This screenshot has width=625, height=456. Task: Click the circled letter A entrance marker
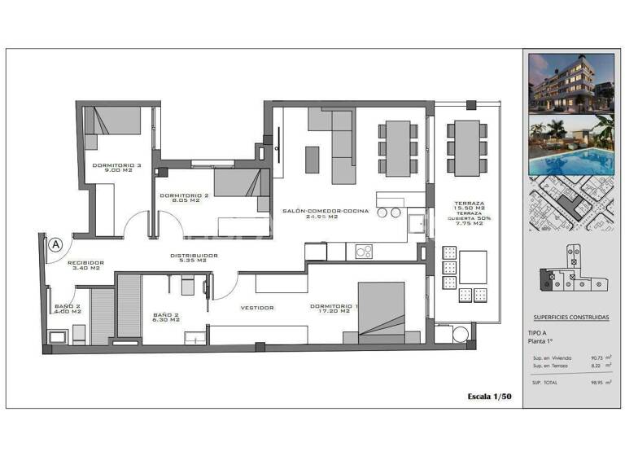(55, 243)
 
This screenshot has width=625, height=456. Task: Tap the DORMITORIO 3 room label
(116, 169)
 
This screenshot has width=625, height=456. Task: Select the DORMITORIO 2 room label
(185, 199)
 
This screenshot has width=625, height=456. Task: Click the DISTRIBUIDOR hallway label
(194, 256)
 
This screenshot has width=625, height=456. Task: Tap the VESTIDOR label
(256, 307)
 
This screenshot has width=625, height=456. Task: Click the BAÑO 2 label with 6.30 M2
(171, 318)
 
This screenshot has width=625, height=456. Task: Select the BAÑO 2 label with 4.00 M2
(68, 309)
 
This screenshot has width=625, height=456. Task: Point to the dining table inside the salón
(398, 148)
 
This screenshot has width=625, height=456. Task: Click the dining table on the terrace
(467, 148)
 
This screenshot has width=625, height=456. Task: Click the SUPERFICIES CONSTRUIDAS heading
(570, 318)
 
